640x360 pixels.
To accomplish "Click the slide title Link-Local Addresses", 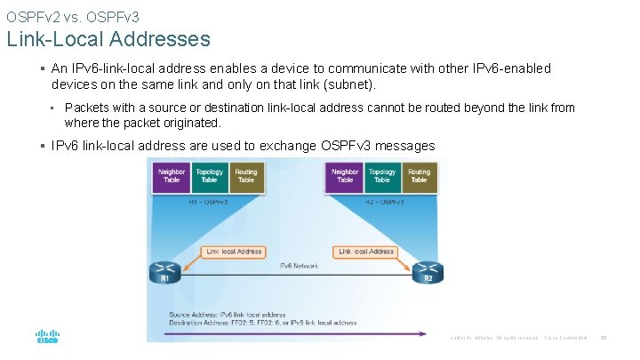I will click(x=108, y=39).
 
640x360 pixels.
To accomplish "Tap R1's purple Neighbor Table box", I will click(x=172, y=176).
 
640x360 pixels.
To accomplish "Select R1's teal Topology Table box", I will click(x=209, y=176).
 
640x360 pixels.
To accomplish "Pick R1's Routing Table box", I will click(x=246, y=176).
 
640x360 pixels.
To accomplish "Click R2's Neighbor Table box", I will click(x=345, y=176).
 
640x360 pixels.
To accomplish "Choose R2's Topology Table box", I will click(x=382, y=176).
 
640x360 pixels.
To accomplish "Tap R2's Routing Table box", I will click(x=420, y=176).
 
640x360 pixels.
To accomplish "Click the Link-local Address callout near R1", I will click(x=234, y=252).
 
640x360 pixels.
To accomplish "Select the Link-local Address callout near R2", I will click(x=366, y=252).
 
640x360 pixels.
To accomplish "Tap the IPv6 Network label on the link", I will click(x=299, y=266).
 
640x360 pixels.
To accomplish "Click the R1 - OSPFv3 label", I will click(x=209, y=203).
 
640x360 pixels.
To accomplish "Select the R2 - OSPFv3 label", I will click(x=382, y=203).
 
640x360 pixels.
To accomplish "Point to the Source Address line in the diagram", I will click(x=228, y=314).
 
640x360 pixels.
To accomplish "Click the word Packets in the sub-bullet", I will click(x=87, y=108).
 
